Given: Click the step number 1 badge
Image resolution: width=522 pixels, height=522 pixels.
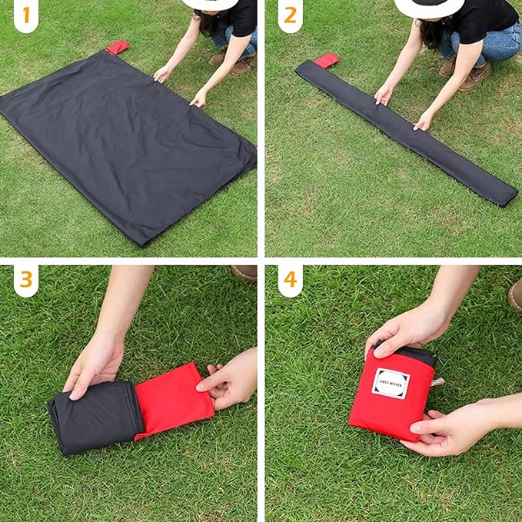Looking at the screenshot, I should point(25,15).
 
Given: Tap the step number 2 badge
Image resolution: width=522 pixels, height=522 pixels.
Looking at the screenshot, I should point(290,15).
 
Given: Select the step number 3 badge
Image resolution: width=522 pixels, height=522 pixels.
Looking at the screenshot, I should point(25,280).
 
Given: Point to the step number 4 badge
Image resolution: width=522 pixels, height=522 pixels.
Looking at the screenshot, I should point(290,280).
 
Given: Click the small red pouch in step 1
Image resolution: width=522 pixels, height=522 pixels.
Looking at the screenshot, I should point(118,48).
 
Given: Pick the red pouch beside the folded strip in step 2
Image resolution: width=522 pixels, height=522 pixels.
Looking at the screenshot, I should point(326,60).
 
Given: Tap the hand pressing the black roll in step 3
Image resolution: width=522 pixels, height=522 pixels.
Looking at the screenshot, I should point(95,361).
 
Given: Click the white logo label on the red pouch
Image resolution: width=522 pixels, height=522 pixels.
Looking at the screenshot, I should point(391,383).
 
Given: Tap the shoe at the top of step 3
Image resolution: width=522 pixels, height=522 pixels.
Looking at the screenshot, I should point(244,273).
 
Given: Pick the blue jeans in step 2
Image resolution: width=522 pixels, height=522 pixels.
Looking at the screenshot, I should point(492,42).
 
